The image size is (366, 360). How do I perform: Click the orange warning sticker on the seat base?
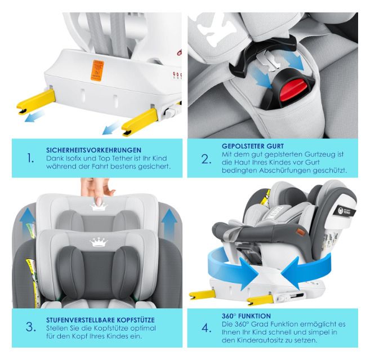pos(97,70)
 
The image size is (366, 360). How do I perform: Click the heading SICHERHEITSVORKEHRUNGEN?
pos(93,150)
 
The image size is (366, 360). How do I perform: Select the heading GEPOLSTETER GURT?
pos(253,146)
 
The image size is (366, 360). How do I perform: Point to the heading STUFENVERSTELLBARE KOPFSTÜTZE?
pos(100,320)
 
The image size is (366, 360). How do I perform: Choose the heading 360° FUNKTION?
pos(246,316)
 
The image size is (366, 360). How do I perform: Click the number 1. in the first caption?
pos(30,158)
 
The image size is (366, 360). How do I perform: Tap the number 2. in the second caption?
pos(206,159)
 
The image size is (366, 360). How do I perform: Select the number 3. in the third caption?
pos(31,327)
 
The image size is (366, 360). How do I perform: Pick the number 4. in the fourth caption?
pos(206,328)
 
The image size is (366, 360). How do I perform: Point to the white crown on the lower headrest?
pos(99,242)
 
